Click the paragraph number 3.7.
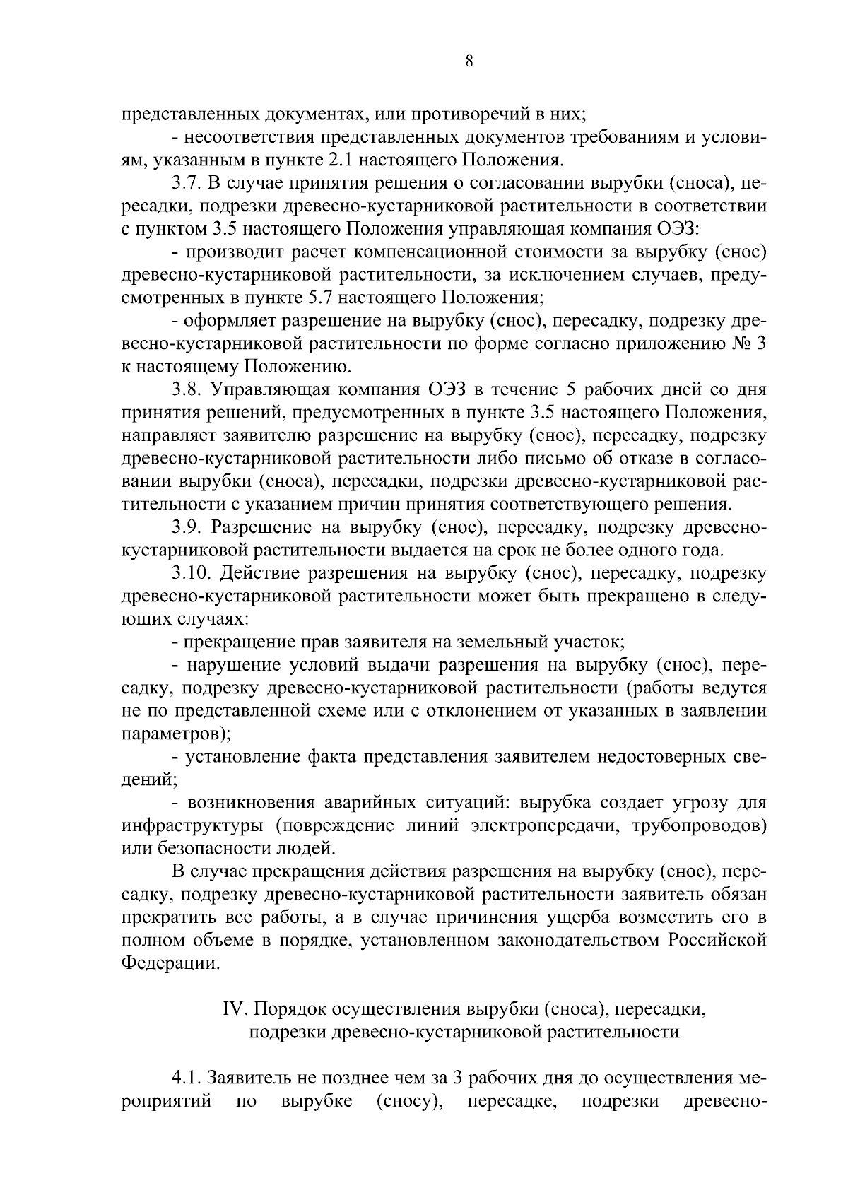click(187, 184)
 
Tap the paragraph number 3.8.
click(187, 390)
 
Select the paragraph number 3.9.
click(187, 527)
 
